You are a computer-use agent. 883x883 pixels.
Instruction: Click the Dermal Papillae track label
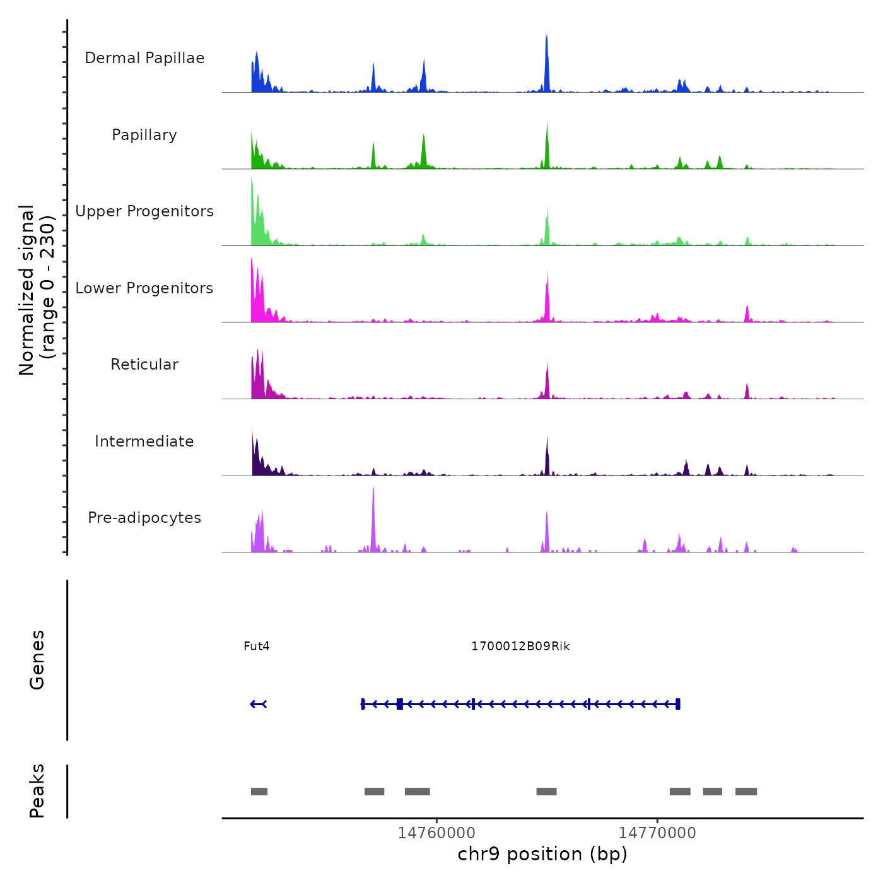(x=144, y=58)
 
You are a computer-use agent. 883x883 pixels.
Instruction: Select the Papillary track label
(x=144, y=135)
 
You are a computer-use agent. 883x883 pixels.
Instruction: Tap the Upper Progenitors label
(x=144, y=211)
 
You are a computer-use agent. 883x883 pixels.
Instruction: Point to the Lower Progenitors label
(x=144, y=288)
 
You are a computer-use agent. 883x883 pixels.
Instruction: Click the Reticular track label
(x=144, y=365)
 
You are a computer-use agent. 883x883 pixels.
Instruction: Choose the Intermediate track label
(x=144, y=441)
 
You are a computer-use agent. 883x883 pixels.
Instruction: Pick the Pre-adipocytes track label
(x=144, y=518)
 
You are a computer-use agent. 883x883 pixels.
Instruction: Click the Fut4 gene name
(x=257, y=646)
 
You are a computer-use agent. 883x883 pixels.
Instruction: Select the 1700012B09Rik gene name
(x=520, y=646)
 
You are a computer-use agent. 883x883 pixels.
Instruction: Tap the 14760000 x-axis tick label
(x=436, y=833)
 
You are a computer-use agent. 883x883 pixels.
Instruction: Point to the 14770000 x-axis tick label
(x=657, y=833)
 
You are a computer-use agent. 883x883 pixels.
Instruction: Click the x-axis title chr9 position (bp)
(x=542, y=854)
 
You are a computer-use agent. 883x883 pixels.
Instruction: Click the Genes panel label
(x=37, y=660)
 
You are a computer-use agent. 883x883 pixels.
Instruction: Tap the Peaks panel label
(x=37, y=791)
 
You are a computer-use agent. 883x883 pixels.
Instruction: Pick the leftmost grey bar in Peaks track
(x=259, y=792)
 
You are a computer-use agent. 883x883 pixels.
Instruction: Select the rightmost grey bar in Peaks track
(x=746, y=792)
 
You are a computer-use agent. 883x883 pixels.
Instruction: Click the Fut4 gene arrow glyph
(x=259, y=704)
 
